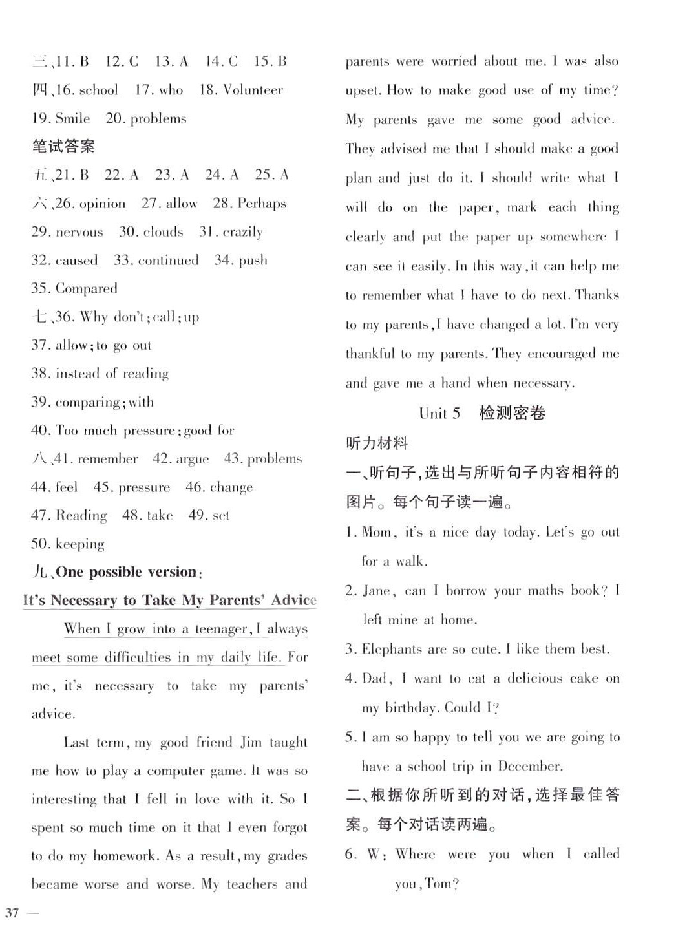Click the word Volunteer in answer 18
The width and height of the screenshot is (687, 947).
coord(253,90)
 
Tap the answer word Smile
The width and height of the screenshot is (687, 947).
coord(72,119)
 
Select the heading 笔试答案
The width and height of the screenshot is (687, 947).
coord(63,147)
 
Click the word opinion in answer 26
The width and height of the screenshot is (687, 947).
coord(99,204)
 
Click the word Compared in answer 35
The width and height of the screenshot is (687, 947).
coord(87,289)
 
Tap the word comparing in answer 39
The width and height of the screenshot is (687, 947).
coord(87,403)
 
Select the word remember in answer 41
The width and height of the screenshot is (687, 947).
coord(107,460)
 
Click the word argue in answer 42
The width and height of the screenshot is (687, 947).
coord(192,460)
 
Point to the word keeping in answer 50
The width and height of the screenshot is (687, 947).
coord(80,544)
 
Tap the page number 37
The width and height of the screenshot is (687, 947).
coord(12,913)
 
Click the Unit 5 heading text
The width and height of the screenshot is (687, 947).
coord(439,414)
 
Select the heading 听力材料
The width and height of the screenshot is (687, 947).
coord(377,443)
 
